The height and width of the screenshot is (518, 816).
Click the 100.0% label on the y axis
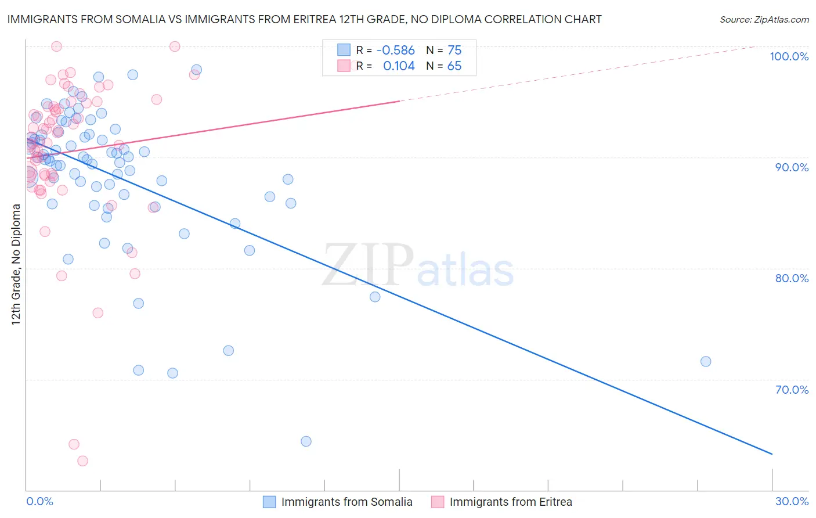789,56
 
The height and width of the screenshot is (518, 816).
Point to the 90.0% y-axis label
792,167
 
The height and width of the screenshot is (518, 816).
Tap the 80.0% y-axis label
792,278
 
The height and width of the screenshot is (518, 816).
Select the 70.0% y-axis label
792,390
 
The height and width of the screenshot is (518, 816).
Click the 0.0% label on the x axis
39,501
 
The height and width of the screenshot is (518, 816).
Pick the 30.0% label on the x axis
792,501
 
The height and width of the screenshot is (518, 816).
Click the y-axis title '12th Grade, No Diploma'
16,264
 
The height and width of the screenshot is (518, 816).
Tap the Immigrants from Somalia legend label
346,502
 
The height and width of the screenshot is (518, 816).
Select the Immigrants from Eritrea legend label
510,502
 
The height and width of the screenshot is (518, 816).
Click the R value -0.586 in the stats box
395,51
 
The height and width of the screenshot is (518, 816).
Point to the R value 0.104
399,66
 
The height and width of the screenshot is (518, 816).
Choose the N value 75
454,51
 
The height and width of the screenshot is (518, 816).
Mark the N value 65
454,66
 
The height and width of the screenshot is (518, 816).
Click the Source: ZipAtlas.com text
764,20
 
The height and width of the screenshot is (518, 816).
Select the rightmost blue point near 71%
706,361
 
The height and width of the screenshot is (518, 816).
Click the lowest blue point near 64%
306,441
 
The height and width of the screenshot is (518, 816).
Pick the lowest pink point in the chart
82,461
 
